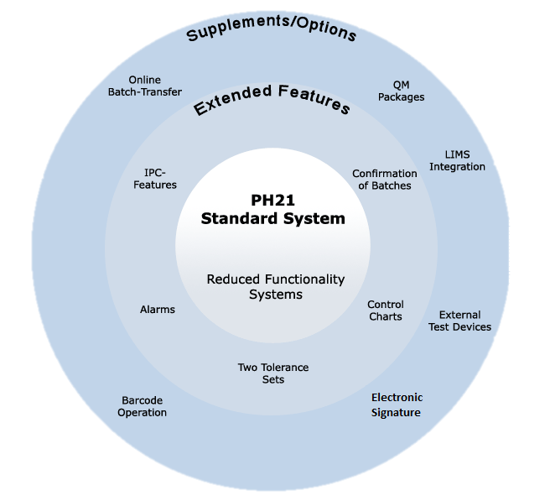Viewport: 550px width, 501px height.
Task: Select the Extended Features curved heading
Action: [272, 99]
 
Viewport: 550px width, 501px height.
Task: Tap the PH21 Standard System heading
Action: [272, 210]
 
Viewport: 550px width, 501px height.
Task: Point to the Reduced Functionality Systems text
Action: [275, 287]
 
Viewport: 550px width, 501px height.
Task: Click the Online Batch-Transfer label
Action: [144, 86]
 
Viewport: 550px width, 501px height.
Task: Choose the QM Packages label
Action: [401, 91]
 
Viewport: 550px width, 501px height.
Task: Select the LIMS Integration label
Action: [457, 160]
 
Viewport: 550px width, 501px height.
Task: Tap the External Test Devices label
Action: [459, 321]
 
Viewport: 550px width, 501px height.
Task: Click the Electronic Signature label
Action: [397, 404]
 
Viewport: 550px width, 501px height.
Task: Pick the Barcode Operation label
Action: [142, 406]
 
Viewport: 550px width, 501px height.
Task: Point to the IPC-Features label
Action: [155, 179]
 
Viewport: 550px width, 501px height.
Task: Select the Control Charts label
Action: [386, 311]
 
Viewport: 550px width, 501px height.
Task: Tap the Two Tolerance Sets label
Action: [273, 373]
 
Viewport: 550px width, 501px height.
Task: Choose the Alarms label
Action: [158, 310]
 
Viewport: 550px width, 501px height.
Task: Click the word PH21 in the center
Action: [272, 201]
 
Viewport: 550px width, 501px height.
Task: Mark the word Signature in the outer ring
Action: [396, 413]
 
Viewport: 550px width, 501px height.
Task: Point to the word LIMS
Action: [458, 154]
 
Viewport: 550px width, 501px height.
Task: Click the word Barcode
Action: [142, 400]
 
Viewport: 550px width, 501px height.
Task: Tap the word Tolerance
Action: [284, 368]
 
